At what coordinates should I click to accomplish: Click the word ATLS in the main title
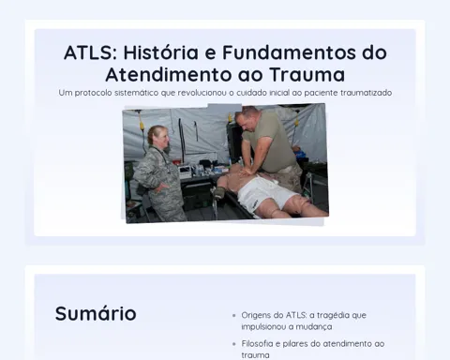[x=90, y=52]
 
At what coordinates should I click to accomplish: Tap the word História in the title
[x=160, y=52]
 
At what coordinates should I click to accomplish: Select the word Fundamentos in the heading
[x=289, y=52]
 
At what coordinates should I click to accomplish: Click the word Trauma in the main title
[x=307, y=74]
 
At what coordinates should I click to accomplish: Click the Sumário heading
[x=96, y=313]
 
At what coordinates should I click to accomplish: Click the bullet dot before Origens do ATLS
[x=234, y=316]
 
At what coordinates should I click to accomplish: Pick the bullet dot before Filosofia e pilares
[x=234, y=344]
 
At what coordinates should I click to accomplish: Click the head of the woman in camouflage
[x=159, y=136]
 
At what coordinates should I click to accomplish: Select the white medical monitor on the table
[x=186, y=172]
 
